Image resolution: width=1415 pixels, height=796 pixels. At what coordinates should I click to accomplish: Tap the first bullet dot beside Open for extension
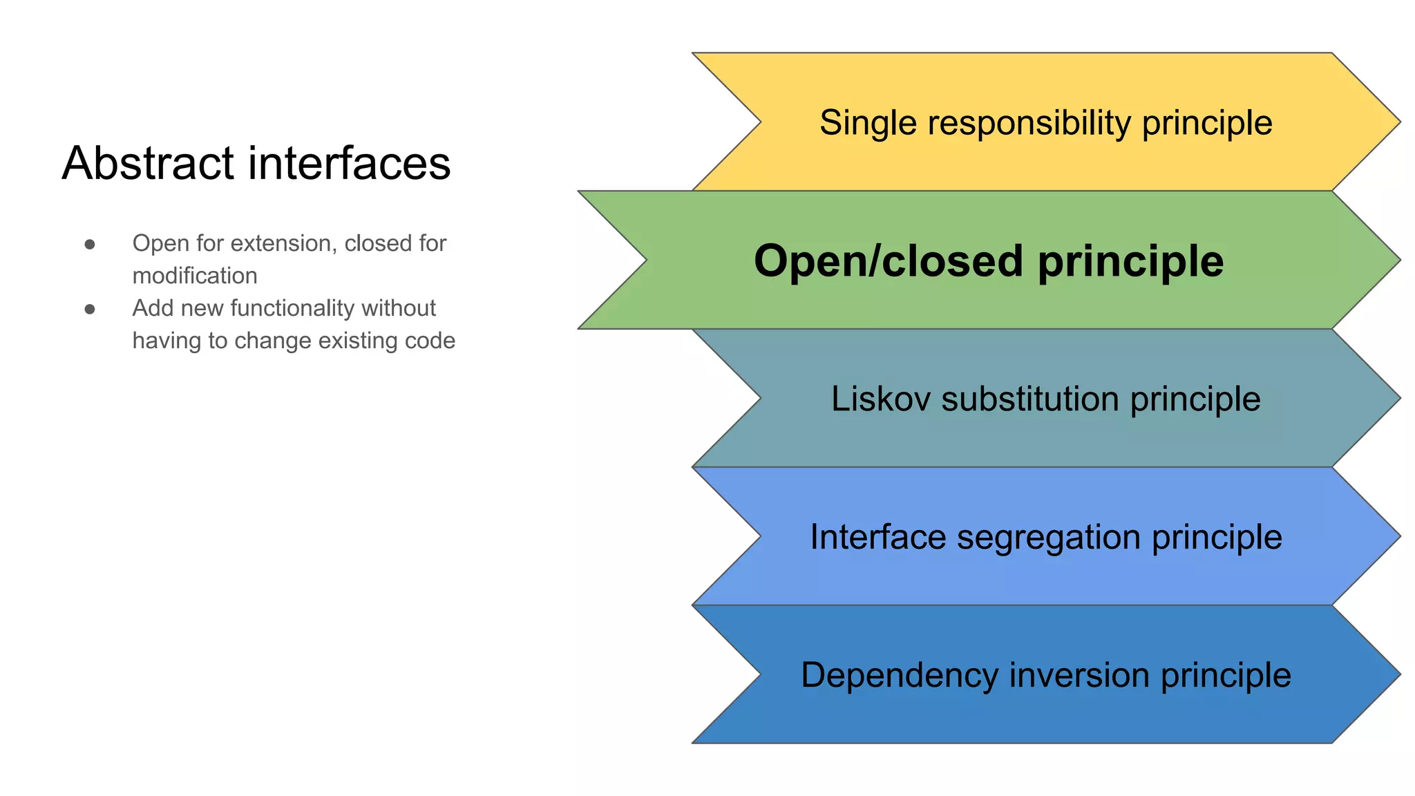point(90,244)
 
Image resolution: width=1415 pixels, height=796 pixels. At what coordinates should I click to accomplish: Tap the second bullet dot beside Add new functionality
point(90,309)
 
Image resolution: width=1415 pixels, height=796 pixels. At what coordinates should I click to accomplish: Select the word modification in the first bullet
point(195,276)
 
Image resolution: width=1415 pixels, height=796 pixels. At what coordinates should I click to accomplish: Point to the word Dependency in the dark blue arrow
point(899,675)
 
